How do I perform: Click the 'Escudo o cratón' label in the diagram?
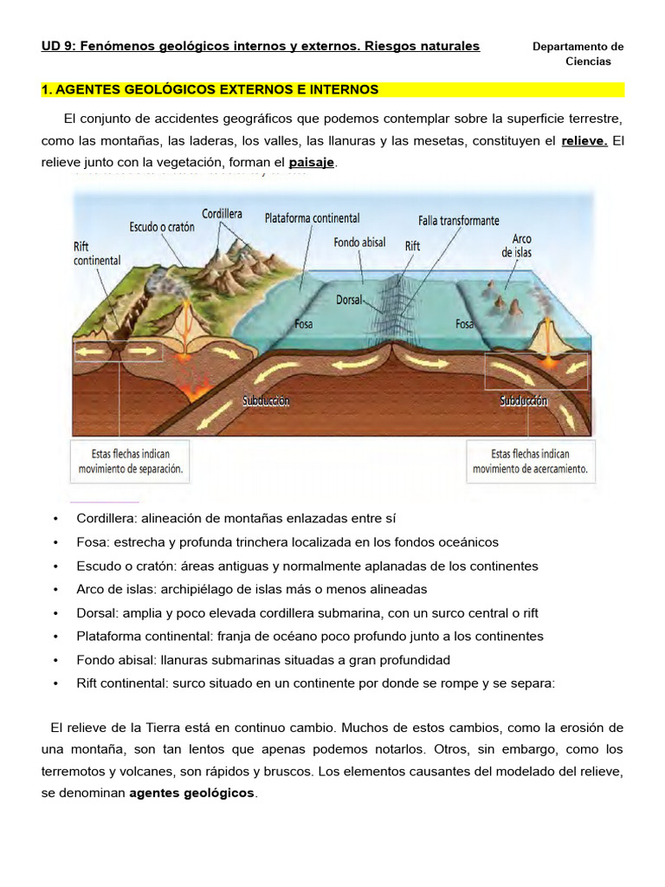[x=162, y=227]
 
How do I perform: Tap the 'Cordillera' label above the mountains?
[x=222, y=213]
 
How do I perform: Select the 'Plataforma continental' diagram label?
[x=312, y=218]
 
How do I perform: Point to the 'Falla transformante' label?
[x=458, y=221]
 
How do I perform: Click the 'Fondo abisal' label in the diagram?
[x=359, y=243]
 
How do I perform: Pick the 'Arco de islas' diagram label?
[x=517, y=245]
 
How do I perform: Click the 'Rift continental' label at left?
[x=97, y=253]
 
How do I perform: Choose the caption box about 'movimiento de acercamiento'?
[x=530, y=462]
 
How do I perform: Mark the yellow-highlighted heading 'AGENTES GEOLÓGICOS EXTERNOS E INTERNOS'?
[x=210, y=89]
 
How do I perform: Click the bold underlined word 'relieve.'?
[x=584, y=140]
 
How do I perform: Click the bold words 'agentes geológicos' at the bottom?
[x=192, y=793]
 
